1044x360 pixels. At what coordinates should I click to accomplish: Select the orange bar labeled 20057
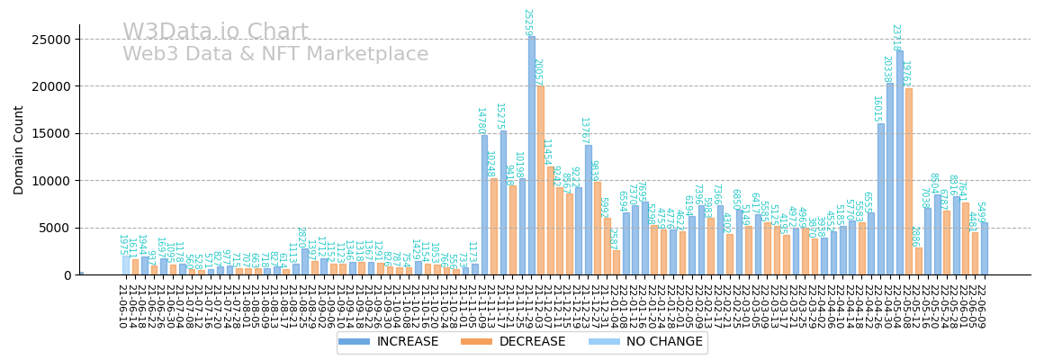click(x=541, y=180)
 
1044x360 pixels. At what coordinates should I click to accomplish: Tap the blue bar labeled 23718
click(x=900, y=162)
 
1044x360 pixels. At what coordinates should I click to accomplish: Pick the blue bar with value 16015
click(x=881, y=199)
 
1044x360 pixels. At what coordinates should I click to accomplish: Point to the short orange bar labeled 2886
click(x=919, y=261)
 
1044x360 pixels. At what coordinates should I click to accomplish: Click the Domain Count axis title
click(x=19, y=149)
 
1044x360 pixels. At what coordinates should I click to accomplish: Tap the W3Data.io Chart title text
click(x=215, y=32)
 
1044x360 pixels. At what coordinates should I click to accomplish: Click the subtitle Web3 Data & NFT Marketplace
click(x=275, y=55)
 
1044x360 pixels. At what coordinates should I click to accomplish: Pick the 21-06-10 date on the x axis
click(x=121, y=306)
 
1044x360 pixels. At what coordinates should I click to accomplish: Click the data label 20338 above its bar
click(x=886, y=69)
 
